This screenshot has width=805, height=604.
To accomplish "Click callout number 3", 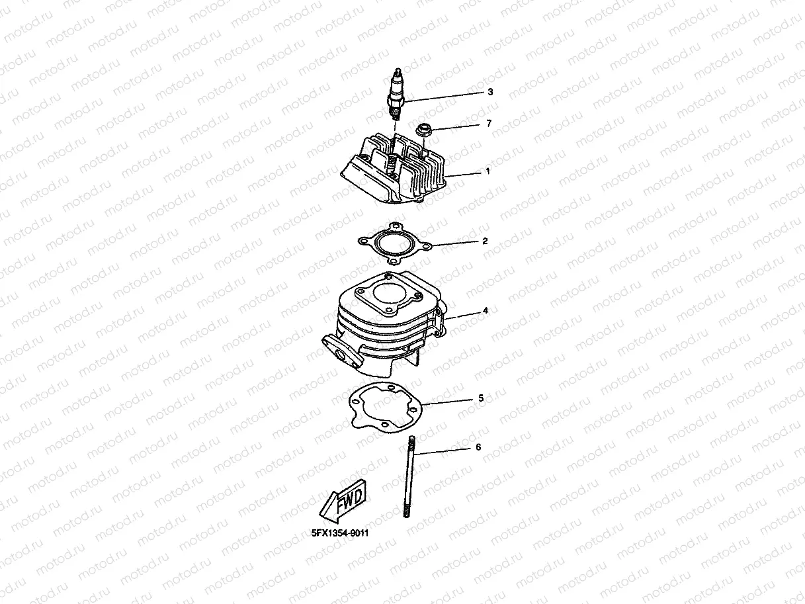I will pos(489,92).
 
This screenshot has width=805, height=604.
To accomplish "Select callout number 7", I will pos(488,124).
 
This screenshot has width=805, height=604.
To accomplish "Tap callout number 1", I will pos(487,171).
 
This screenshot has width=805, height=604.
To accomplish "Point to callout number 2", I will pos(485,241).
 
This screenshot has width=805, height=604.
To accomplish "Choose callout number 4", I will pos(486,310).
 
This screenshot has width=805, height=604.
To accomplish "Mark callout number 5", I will pos(481,399).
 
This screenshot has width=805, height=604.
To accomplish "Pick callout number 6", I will pos(478,448).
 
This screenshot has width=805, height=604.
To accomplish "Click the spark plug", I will pos(398,96).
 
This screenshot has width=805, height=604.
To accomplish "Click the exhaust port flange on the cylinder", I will pos(339,350).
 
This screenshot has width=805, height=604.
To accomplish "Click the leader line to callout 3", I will pos(443,96).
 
